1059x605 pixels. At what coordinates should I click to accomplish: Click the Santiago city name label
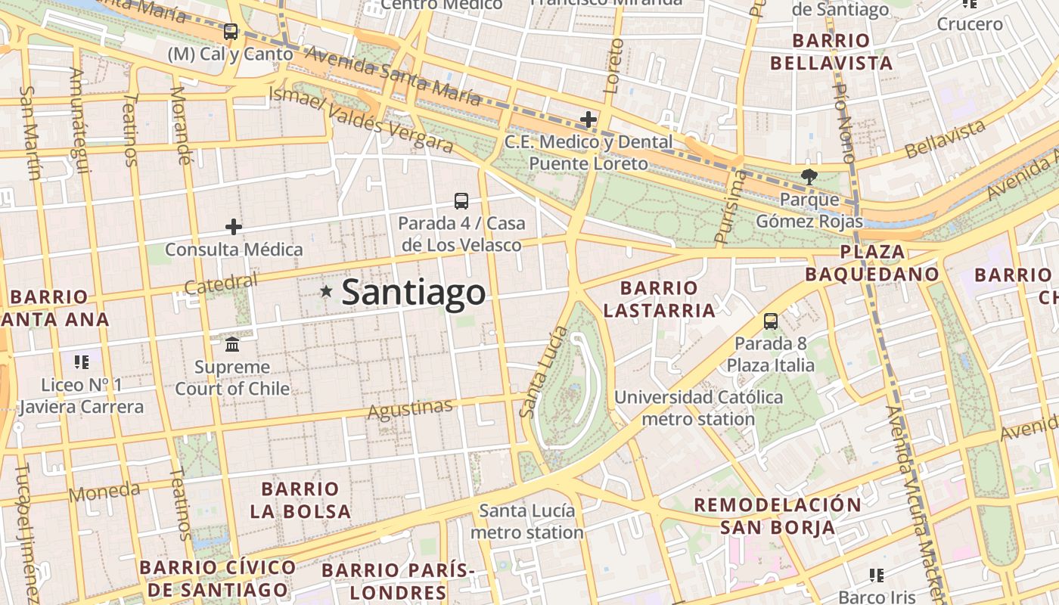coord(413,293)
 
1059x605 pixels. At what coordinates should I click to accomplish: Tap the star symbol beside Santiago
coord(326,291)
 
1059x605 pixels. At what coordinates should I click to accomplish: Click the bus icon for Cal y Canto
coord(231,32)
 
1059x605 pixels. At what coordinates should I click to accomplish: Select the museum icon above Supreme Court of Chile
coord(232,345)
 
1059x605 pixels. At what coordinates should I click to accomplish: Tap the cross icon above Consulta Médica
coord(234,226)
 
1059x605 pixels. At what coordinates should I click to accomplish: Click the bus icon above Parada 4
coord(461,200)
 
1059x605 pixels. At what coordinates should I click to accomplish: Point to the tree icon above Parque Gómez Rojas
coord(809,177)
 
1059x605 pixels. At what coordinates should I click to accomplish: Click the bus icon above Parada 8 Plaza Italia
coord(771,321)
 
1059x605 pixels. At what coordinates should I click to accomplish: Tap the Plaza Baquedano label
coord(872,263)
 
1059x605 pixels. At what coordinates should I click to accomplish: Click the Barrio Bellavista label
coord(831,51)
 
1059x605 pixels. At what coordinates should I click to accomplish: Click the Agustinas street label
coord(410,409)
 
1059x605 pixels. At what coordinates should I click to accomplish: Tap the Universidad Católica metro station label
coord(698,408)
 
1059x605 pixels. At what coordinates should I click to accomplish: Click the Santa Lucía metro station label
coord(527,521)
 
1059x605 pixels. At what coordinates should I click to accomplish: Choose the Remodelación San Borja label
coord(778,516)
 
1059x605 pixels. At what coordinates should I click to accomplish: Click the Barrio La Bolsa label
coord(300,500)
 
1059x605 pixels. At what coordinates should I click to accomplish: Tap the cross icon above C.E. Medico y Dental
coord(589,119)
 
